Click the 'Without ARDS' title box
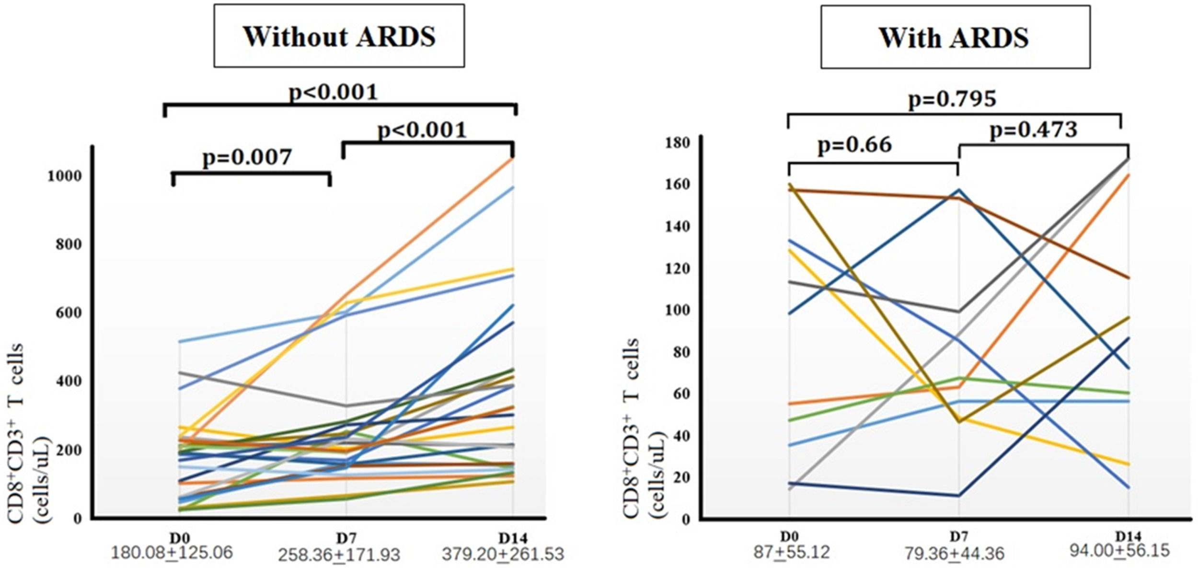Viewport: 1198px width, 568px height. (x=339, y=36)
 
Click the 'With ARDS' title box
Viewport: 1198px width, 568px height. (x=955, y=37)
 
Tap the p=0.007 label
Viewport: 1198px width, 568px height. (x=247, y=157)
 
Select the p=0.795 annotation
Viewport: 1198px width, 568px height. (x=952, y=99)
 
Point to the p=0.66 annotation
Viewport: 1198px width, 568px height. (x=855, y=145)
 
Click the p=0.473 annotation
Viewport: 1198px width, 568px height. (x=1034, y=129)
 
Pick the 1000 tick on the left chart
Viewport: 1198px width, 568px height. (x=64, y=176)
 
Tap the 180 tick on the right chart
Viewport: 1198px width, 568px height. (x=677, y=143)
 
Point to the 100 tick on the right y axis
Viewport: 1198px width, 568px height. (x=677, y=310)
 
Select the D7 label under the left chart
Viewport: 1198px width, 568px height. (x=346, y=538)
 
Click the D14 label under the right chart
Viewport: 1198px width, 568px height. (x=1128, y=536)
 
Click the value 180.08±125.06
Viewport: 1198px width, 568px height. (x=172, y=553)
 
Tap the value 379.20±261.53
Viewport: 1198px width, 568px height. (x=503, y=554)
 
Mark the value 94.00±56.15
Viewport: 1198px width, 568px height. (x=1119, y=550)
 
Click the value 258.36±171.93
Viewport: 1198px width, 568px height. (x=339, y=555)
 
